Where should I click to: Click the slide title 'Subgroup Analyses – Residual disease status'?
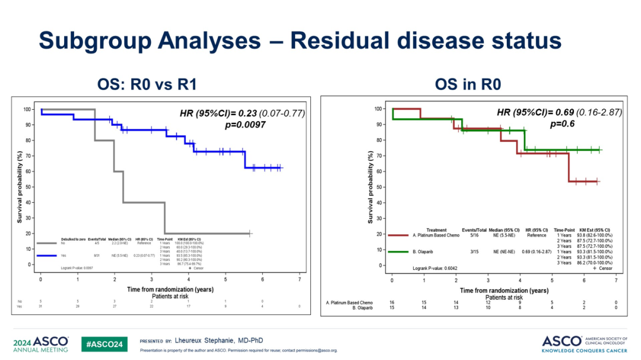300,41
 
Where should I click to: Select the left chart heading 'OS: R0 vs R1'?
147,85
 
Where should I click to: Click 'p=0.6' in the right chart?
564,124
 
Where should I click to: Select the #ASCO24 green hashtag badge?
104,344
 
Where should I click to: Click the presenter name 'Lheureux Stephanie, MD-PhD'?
219,340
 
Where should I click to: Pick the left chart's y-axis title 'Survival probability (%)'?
20,186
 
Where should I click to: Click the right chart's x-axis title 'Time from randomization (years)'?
504,291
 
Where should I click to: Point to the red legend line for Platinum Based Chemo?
400,235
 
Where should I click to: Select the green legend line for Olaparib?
400,252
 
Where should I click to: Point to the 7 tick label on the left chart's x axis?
299,279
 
